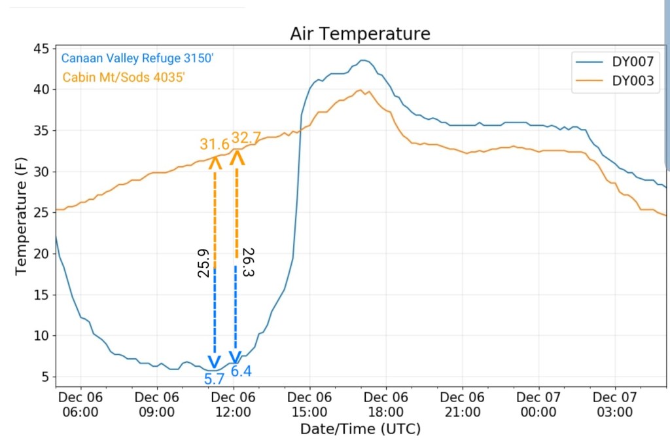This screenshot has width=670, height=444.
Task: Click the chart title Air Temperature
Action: [x=361, y=34]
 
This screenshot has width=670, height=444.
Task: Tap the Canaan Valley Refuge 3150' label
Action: [x=138, y=59]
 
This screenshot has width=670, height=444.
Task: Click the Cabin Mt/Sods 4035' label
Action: [x=124, y=77]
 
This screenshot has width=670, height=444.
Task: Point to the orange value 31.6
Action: [x=215, y=144]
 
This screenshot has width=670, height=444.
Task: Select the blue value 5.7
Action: [x=215, y=378]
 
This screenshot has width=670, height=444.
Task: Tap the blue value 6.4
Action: [x=241, y=371]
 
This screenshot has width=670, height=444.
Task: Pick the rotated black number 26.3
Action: [x=247, y=262]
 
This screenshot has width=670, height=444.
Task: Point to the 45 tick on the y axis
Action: [x=41, y=49]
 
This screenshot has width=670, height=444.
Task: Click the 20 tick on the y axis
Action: [x=41, y=253]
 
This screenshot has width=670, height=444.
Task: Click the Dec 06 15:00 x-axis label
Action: [x=310, y=404]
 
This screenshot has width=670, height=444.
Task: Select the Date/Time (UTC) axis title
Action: [x=361, y=430]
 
